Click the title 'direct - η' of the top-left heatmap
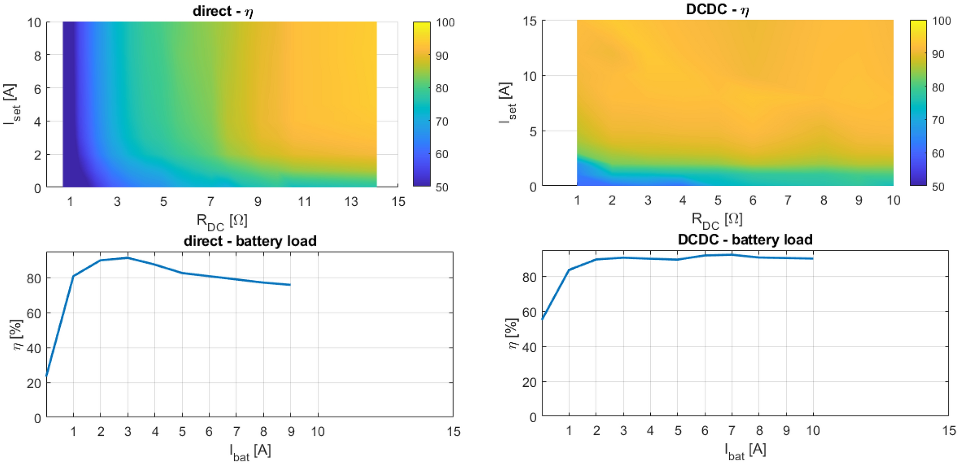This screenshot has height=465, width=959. coord(223,11)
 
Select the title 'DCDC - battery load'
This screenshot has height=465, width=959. coord(745,239)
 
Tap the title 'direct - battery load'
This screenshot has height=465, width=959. coord(250,241)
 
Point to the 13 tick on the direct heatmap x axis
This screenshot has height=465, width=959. coord(351,201)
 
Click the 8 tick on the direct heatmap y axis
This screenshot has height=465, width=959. coord(37,55)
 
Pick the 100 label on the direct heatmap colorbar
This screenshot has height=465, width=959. coord(445,22)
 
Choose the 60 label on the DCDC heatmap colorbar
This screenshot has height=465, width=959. coord(938,153)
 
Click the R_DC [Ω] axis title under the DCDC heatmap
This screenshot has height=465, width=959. coord(717,220)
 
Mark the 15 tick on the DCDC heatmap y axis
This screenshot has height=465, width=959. coord(529,21)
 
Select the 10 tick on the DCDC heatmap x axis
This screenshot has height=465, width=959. coord(893,200)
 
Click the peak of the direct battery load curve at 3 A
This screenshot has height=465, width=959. coord(128,258)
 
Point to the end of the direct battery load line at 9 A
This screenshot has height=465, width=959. coord(290,285)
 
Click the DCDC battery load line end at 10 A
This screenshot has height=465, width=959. coord(813,259)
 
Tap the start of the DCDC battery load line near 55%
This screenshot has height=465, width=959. coord(542,319)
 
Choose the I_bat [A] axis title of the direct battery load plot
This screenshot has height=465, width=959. coord(250,451)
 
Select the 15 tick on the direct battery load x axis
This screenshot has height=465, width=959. coord(453,432)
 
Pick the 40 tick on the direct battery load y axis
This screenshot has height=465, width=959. coord(33,348)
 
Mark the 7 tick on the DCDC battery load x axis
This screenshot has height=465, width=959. coord(731,431)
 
